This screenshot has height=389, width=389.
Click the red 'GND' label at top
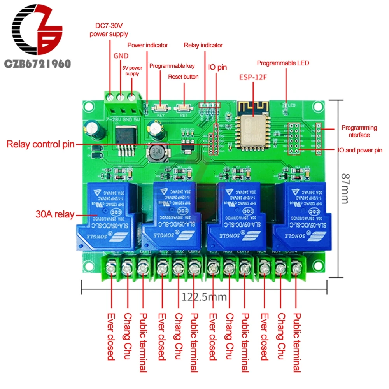[121, 56]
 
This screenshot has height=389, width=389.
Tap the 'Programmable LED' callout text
[283, 63]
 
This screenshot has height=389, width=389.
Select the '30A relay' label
[54, 214]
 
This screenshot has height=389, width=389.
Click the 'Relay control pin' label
[40, 145]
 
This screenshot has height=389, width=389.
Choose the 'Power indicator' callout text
[148, 45]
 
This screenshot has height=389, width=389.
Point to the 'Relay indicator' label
[203, 45]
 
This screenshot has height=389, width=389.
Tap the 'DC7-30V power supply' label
[109, 30]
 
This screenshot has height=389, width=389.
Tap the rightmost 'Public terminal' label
[297, 342]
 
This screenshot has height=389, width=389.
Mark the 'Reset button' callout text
[183, 77]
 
